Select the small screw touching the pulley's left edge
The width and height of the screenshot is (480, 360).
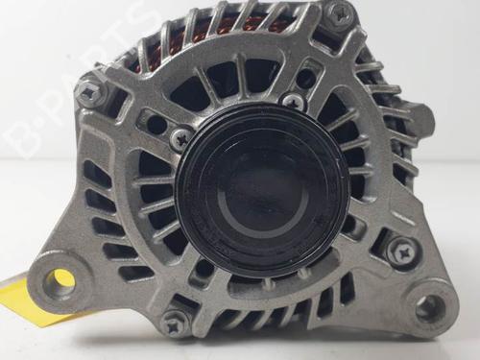181,139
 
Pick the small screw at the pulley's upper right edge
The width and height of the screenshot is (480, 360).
294,101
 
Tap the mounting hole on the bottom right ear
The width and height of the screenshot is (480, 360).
430,306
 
